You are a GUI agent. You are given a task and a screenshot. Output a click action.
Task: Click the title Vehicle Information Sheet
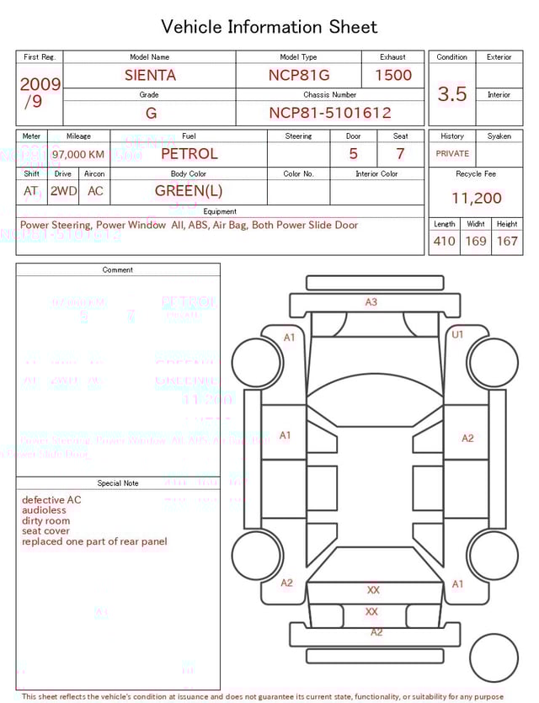(269, 27)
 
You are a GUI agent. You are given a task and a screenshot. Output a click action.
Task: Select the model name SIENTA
(150, 75)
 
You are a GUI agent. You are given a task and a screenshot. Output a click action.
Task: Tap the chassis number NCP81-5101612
(329, 113)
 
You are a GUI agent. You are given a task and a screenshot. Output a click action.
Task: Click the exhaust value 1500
(392, 75)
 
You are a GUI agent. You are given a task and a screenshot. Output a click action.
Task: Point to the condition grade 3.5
(452, 94)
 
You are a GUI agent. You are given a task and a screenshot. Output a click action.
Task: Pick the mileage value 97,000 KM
(78, 155)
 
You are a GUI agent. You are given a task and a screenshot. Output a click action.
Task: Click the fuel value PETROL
(189, 154)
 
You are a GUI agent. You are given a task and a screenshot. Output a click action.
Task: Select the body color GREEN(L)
(189, 191)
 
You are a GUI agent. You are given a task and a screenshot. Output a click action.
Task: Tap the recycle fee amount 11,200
(476, 199)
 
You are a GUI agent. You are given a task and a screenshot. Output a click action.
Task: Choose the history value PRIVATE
(452, 154)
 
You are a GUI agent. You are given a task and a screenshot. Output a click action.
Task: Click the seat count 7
(400, 154)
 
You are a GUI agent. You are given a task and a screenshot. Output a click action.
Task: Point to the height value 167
(507, 242)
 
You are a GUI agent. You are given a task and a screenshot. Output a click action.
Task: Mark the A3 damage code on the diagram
(371, 302)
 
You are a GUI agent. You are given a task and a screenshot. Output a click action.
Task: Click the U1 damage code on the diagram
(458, 334)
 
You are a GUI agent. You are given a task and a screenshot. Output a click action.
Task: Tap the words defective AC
(51, 500)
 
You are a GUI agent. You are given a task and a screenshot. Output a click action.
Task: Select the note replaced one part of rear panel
(94, 541)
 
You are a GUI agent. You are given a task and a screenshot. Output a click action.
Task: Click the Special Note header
(118, 483)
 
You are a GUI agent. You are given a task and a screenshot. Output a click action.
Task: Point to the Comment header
(118, 270)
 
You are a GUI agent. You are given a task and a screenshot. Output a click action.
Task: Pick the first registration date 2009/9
(39, 93)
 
